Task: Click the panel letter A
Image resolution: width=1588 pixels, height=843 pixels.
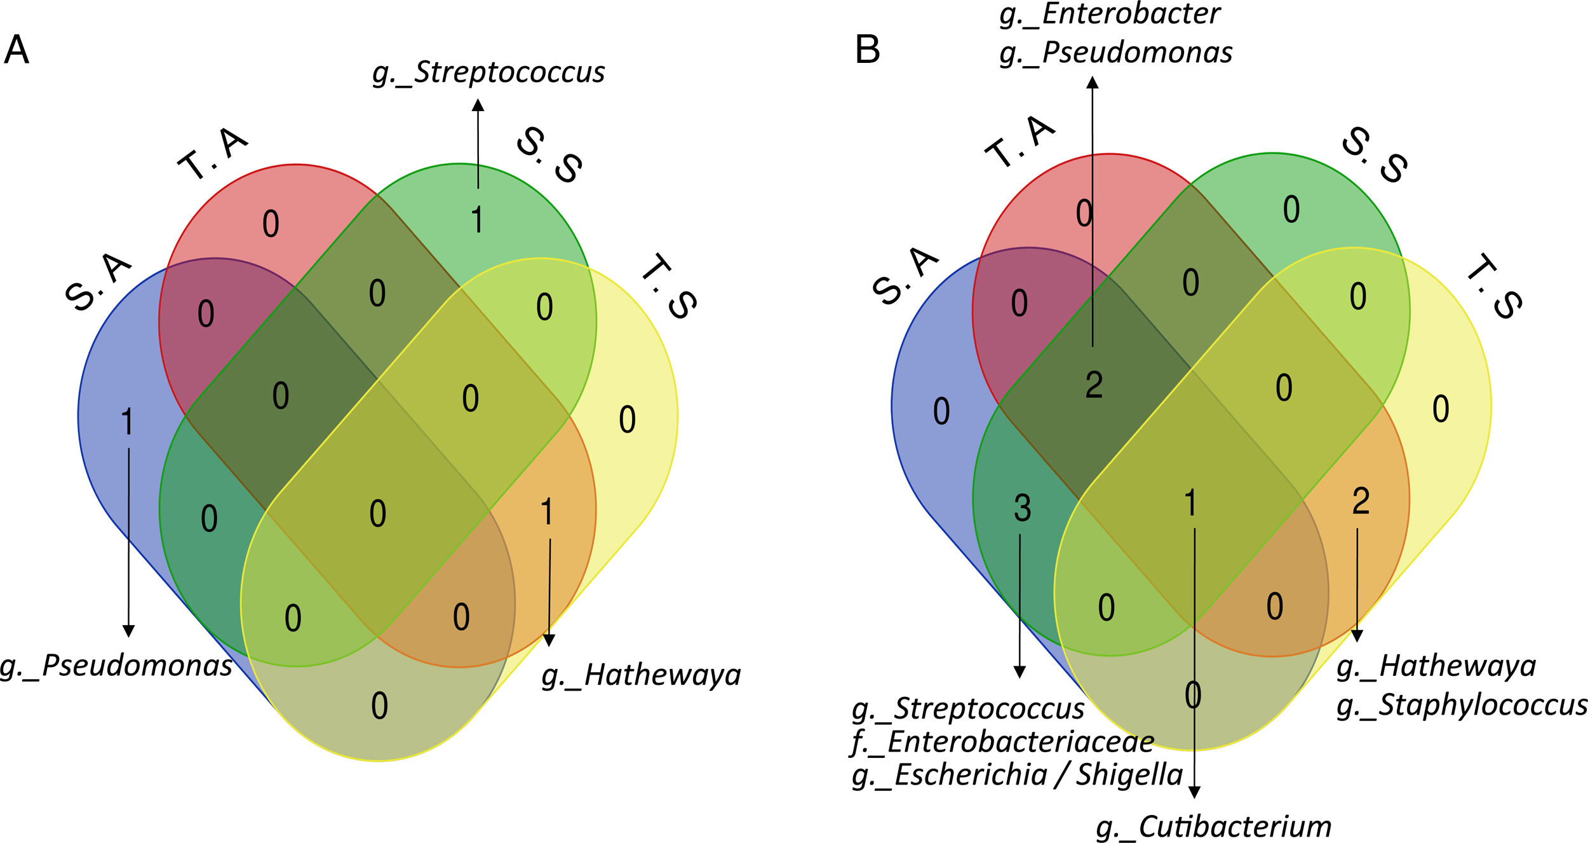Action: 17,50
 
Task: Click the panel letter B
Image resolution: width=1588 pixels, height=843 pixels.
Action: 867,50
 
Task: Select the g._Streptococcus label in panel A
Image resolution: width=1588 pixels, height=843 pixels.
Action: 488,72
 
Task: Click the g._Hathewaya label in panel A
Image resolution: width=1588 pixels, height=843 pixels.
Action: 641,675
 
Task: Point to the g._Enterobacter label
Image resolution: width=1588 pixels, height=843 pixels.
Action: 1110,14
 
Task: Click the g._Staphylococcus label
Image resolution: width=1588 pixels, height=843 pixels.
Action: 1462,706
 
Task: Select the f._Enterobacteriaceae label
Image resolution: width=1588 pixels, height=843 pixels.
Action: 1003,742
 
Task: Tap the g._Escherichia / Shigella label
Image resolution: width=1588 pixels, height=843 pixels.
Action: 1017,775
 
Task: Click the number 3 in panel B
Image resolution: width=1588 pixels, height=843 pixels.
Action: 1022,508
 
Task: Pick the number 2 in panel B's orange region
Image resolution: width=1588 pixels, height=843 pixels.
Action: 1361,501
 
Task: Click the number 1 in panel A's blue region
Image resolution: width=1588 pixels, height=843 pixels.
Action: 128,422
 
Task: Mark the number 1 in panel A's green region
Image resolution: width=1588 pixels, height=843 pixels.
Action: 477,220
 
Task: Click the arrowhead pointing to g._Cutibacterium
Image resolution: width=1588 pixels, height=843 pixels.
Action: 1194,792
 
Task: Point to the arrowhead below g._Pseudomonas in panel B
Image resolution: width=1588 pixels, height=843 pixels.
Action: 1093,83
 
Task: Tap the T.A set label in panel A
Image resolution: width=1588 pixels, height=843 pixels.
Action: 213,154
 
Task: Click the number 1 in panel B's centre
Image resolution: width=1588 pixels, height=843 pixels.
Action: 1191,503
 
